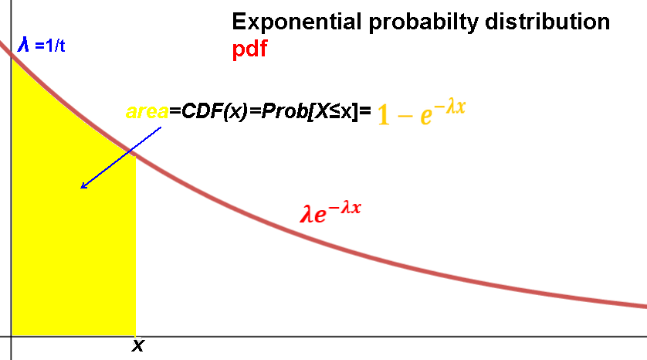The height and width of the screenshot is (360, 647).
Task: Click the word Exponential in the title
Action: (296, 22)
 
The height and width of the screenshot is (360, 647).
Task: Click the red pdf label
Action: (249, 49)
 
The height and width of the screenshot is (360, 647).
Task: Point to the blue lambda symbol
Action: (23, 44)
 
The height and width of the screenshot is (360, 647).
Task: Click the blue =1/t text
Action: (50, 46)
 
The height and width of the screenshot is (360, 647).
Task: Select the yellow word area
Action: (147, 111)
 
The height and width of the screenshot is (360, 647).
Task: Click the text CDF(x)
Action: (214, 111)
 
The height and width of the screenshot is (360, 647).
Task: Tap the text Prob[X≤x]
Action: (309, 111)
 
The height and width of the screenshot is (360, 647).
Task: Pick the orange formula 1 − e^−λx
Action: (422, 112)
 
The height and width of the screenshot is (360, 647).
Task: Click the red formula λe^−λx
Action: (330, 212)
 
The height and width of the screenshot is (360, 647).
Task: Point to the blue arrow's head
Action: (81, 188)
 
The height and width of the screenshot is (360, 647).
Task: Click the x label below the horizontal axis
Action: (138, 345)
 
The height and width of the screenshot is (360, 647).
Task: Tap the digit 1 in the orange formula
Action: (384, 114)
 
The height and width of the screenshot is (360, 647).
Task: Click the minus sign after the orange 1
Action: (405, 116)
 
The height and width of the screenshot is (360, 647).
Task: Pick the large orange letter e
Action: (426, 116)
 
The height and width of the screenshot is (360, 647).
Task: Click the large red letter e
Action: (320, 216)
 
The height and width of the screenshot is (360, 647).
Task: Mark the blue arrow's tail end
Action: (161, 127)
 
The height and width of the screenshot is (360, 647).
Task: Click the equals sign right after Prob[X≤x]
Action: (364, 110)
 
